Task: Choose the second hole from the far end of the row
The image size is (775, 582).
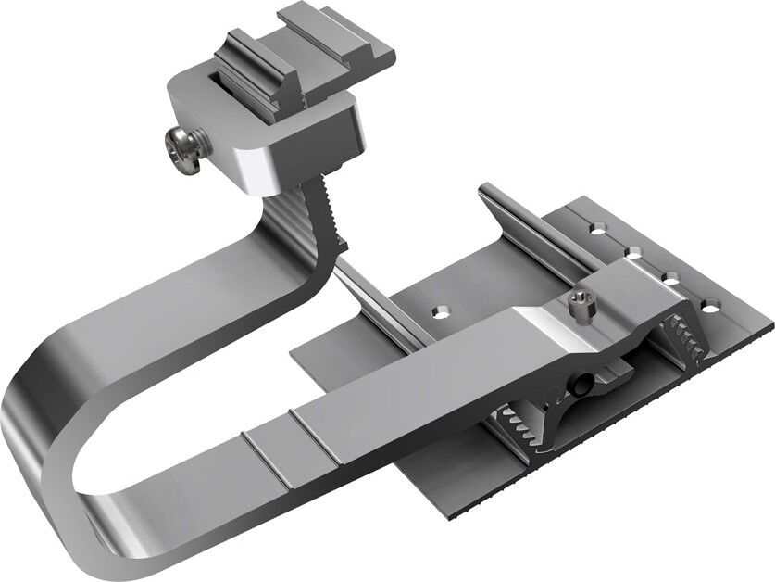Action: click(x=634, y=249)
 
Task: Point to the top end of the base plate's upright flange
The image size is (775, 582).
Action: click(x=485, y=193)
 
